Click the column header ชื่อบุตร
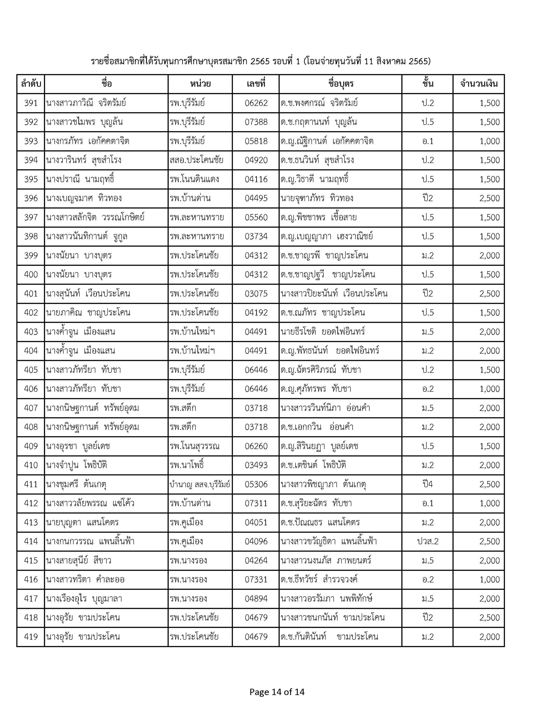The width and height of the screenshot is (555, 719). coord(340,84)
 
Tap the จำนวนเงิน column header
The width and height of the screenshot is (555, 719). coord(478,84)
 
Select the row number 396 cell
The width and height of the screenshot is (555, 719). coord(31,198)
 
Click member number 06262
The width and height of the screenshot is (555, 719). coord(256,103)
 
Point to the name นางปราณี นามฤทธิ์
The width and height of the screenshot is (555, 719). coord(81,179)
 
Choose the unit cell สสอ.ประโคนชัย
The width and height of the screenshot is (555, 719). coord(196,160)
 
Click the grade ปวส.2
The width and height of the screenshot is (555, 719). coord(427,541)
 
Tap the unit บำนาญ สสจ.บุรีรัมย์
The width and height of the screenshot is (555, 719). coord(200,484)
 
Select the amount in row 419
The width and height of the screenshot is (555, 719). coord(489,637)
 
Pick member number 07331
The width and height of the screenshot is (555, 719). coord(256,579)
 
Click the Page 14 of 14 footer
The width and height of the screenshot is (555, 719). coord(277,692)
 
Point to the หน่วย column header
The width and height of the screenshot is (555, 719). coord(200,84)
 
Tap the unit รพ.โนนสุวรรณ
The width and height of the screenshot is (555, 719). coord(194,446)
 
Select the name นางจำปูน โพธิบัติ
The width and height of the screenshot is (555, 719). coord(77,465)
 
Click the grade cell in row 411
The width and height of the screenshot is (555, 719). coord(427,484)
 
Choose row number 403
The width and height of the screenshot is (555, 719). coord(31,331)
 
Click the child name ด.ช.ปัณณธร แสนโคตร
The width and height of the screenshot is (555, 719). coord(320,522)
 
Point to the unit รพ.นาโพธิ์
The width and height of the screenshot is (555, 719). coord(187,465)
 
